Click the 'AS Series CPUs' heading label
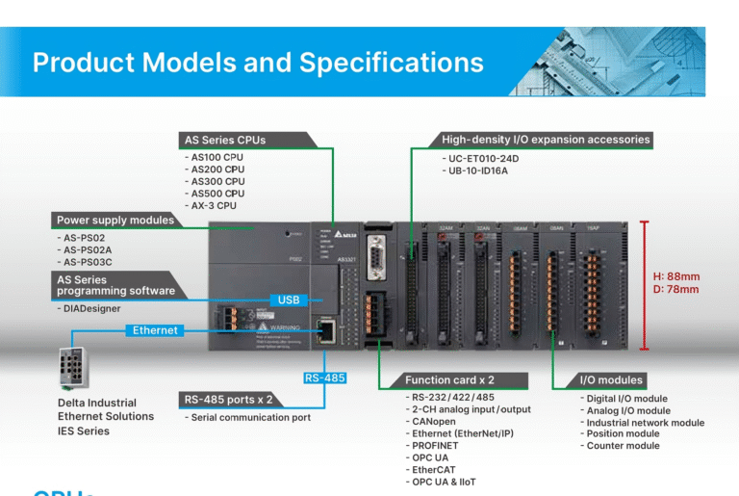click(x=227, y=140)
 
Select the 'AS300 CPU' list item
click(x=217, y=181)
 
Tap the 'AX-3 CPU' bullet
click(x=214, y=205)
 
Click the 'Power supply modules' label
click(x=115, y=220)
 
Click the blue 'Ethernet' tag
click(x=155, y=330)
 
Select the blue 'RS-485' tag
click(x=324, y=378)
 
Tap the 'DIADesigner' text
click(x=93, y=309)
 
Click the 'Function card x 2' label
click(x=449, y=379)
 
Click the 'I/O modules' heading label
click(x=611, y=379)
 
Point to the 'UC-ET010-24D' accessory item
click(x=482, y=158)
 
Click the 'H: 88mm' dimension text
click(x=676, y=276)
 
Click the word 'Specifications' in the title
click(x=391, y=63)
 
